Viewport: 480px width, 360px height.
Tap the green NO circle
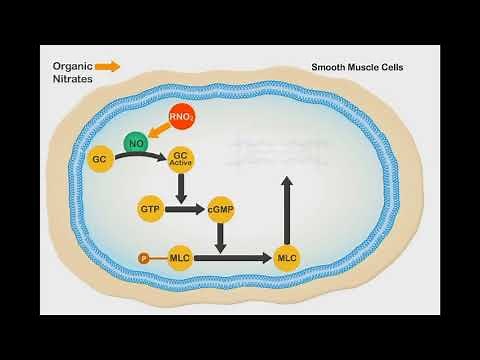point(137,144)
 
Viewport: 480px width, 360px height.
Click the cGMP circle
point(220,210)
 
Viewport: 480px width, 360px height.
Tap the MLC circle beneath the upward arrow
point(287,259)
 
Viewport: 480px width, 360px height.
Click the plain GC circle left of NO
point(99,159)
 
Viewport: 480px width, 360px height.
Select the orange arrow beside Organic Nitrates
point(108,67)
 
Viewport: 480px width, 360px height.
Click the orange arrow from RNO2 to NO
point(158,131)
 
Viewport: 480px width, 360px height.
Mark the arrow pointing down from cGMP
point(220,236)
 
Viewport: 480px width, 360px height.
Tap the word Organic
point(73,67)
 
